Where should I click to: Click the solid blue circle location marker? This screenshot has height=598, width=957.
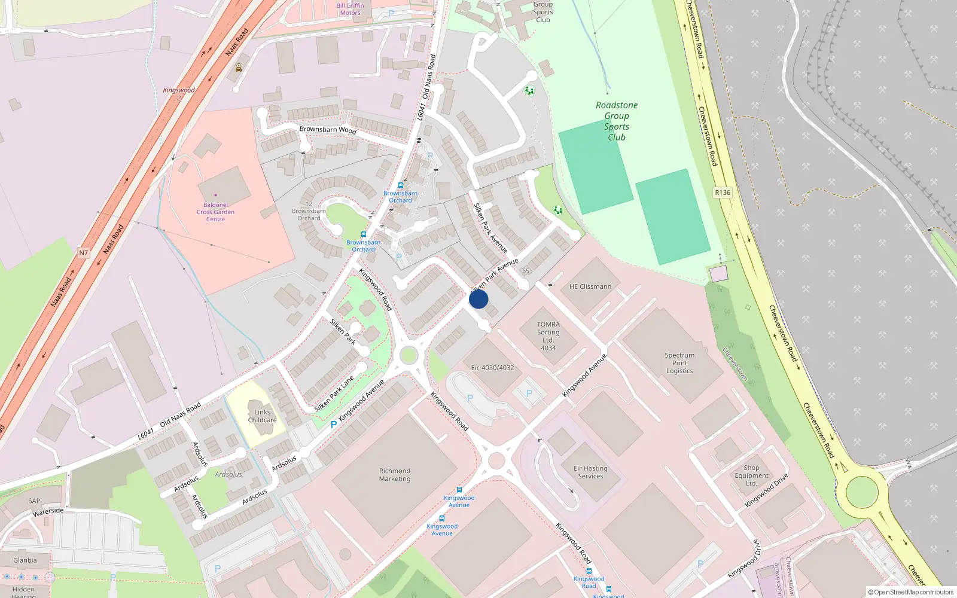coord(478,299)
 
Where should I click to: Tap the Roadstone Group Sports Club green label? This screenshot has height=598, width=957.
coord(617,121)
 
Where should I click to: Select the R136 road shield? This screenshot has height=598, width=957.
coord(723,193)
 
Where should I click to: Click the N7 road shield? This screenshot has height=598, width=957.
coord(83,253)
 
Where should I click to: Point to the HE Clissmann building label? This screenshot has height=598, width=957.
coord(590,286)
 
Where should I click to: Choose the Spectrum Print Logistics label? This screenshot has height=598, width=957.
coord(679,363)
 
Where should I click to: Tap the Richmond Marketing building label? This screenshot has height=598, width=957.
coord(395,475)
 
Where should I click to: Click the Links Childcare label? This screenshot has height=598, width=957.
coord(262,416)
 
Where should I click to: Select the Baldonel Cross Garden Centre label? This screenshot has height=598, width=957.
coord(215,212)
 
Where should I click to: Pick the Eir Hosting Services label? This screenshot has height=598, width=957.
coord(590,472)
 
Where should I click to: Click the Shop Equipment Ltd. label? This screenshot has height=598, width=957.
coord(751,475)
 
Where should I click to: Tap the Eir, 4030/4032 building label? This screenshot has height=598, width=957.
coord(492,368)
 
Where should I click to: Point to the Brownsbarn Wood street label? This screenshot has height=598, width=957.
coord(328,129)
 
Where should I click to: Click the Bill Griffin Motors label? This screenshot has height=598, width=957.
coord(350,9)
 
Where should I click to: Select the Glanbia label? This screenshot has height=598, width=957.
coord(25,560)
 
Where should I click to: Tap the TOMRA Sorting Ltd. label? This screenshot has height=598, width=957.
coord(548,336)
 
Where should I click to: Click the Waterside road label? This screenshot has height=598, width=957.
coord(48,511)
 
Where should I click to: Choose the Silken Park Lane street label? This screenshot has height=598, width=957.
coord(334,393)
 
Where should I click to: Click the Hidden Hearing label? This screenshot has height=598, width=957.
coord(23,592)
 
